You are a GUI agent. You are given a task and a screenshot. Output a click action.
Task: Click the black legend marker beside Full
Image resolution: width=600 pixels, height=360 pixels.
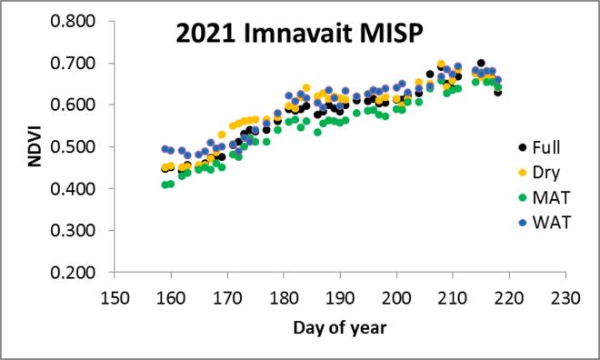(x=522, y=147)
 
